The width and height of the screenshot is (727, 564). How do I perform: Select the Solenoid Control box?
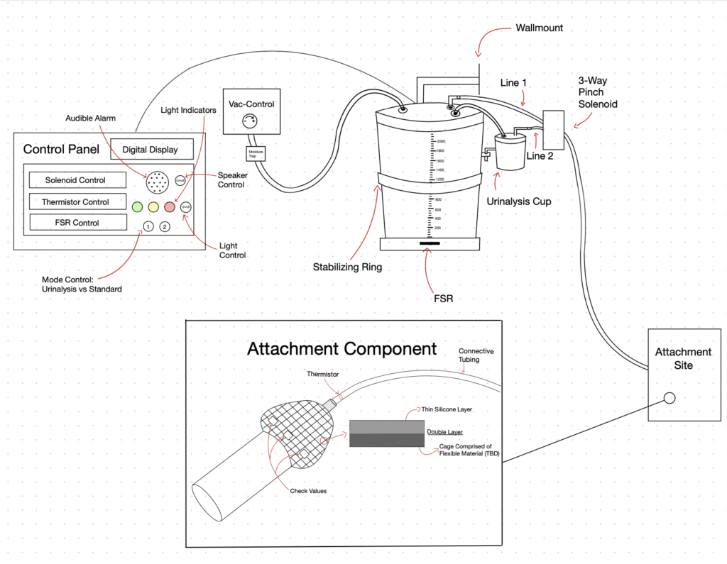point(76,180)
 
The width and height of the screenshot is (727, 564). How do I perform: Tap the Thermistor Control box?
point(77,201)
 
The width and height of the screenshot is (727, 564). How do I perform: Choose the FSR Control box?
point(77,223)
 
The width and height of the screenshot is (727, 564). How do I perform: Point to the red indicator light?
point(170,207)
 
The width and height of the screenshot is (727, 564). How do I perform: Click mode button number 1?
point(148,226)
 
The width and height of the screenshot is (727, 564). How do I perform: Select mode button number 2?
point(165,226)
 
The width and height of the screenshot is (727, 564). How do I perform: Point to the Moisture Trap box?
point(255,154)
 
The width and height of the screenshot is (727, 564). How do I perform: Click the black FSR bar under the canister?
point(429,243)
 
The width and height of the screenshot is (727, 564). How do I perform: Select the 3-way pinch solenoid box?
point(554,129)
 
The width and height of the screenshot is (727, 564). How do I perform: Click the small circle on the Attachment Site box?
point(669,398)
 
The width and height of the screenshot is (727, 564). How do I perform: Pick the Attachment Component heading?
point(341,349)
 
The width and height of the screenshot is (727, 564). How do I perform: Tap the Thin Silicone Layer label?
point(447,409)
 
